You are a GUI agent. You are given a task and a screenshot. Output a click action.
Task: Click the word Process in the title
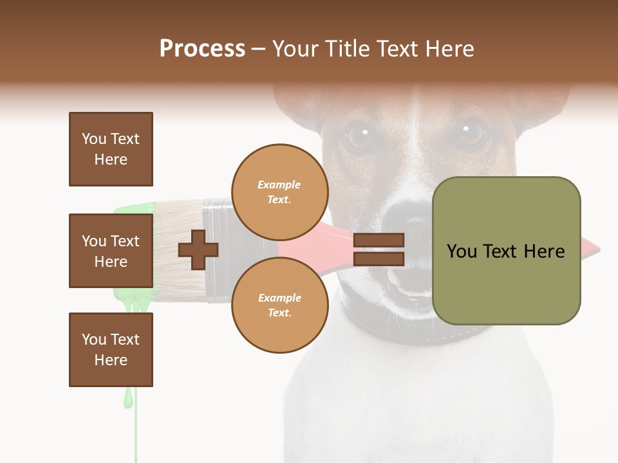click(202, 49)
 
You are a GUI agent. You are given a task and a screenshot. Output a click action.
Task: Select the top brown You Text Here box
click(111, 149)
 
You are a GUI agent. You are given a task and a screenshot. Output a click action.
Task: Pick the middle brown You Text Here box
click(111, 251)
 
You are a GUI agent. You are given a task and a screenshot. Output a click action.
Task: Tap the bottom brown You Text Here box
click(111, 349)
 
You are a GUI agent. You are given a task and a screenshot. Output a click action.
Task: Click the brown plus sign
click(198, 250)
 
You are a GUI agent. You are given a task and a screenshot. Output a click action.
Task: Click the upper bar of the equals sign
click(379, 240)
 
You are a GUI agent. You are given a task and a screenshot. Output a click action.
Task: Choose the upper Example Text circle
click(279, 192)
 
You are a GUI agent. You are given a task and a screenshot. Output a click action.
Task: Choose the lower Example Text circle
click(279, 305)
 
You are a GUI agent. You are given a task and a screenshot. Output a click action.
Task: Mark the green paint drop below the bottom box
click(129, 398)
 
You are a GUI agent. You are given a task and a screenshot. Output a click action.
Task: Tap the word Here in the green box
click(544, 251)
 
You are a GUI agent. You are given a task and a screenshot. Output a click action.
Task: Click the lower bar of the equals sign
click(379, 259)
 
